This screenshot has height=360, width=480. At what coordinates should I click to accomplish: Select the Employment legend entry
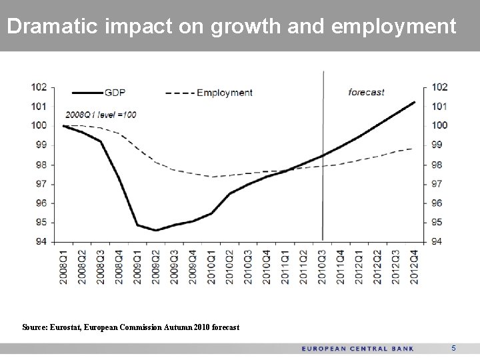click(x=224, y=93)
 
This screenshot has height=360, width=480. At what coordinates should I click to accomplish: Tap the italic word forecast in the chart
click(x=367, y=92)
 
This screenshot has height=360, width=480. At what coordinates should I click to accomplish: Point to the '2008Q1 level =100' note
click(x=101, y=115)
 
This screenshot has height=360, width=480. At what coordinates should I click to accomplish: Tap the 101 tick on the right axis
click(x=439, y=106)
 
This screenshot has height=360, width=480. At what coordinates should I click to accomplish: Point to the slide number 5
click(x=453, y=348)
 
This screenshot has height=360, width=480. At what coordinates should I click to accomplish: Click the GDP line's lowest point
click(x=155, y=231)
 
